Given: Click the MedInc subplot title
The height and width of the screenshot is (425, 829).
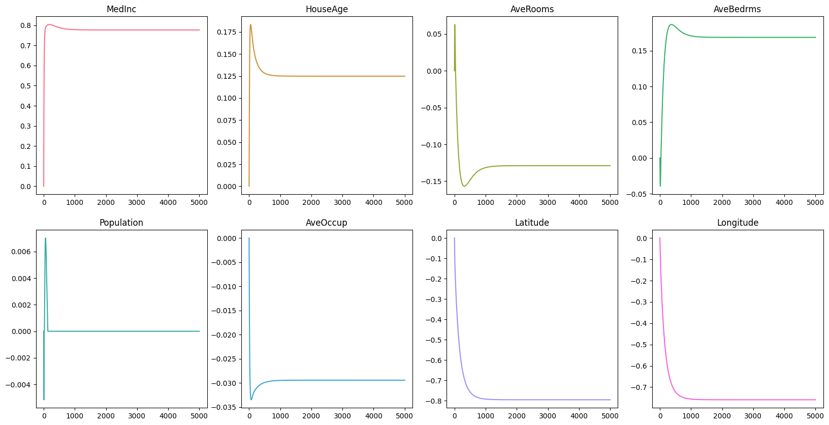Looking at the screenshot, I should click(x=121, y=9).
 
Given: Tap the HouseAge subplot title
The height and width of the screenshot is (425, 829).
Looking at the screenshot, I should click(x=327, y=9).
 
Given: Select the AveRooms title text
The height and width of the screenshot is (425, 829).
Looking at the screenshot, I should click(x=532, y=9).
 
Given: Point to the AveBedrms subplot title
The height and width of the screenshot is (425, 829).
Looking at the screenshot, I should click(x=737, y=9).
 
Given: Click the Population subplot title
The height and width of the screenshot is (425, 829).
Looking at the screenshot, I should click(x=121, y=223).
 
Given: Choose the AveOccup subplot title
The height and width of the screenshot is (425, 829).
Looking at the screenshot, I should click(x=327, y=223).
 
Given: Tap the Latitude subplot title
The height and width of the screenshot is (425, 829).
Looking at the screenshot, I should click(x=532, y=223).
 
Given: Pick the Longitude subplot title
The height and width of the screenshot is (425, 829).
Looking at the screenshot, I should click(x=738, y=223).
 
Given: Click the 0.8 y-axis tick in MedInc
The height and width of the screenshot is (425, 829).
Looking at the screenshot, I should click(x=25, y=25).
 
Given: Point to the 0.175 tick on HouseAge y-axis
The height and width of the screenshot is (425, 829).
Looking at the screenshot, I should click(x=227, y=32).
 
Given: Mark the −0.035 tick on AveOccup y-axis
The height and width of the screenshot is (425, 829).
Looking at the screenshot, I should click(x=224, y=407).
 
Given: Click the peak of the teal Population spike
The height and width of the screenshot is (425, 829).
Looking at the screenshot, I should click(x=45, y=238).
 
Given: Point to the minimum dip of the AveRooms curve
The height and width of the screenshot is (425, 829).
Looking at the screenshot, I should click(x=464, y=186).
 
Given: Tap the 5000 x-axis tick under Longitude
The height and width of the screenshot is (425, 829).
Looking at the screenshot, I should click(x=815, y=416).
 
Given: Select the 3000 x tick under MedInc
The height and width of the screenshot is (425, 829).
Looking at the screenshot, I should click(x=137, y=202).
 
